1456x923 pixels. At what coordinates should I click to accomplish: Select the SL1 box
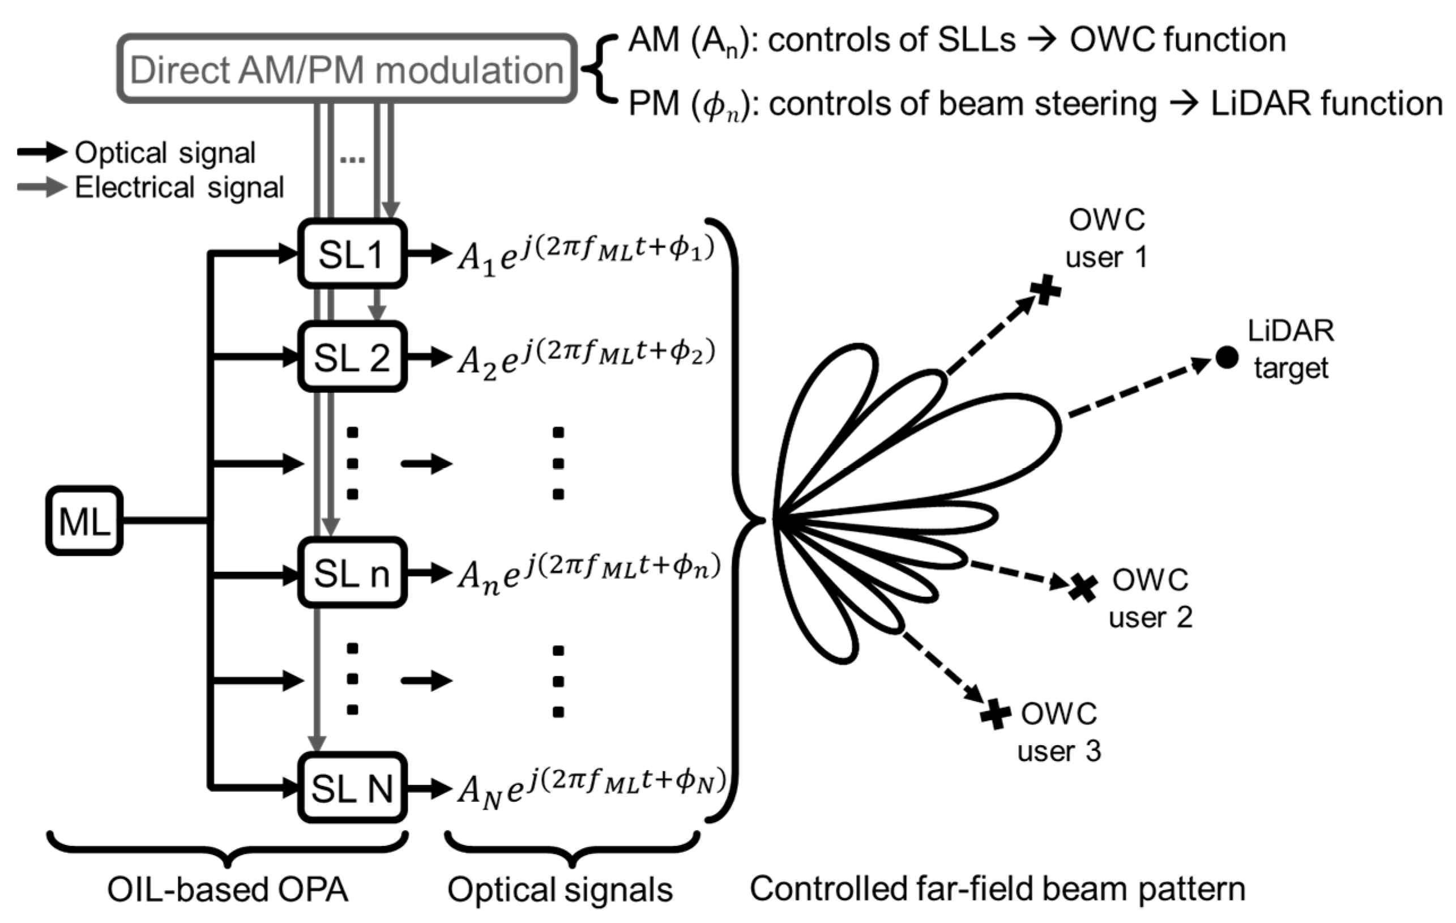(x=352, y=254)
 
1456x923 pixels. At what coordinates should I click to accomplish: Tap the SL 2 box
(x=352, y=357)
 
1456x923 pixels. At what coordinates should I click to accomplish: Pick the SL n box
(x=352, y=573)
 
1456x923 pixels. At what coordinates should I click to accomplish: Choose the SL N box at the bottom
(x=352, y=788)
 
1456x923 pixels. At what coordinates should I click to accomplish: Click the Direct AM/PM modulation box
(x=347, y=69)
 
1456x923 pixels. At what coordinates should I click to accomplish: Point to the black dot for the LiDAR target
(x=1226, y=357)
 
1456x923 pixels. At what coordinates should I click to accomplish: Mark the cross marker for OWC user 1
(x=1045, y=289)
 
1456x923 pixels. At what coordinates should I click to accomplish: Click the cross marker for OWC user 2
(x=1083, y=587)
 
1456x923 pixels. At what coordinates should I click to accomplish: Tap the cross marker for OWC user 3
(x=996, y=715)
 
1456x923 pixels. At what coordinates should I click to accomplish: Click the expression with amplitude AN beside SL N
(x=590, y=788)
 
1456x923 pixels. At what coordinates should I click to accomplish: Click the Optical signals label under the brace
(x=560, y=890)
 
